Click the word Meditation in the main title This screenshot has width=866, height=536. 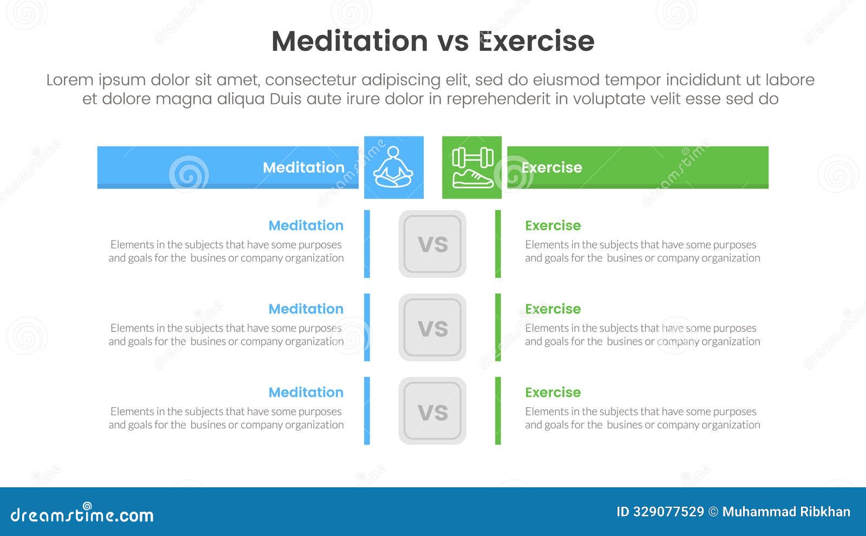[x=350, y=41]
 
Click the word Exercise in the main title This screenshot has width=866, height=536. [x=536, y=41]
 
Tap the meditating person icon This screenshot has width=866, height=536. [x=393, y=167]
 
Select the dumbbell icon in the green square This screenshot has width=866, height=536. [x=473, y=158]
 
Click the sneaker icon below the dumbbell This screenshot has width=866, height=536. [x=473, y=179]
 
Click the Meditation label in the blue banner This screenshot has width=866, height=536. [x=303, y=167]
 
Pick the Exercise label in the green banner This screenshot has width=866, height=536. [x=552, y=167]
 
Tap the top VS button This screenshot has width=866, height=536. [x=432, y=244]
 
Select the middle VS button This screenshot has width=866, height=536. [x=432, y=328]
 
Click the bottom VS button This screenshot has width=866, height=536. [x=432, y=411]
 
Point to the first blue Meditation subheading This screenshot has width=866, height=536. [x=306, y=225]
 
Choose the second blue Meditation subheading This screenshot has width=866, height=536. [x=306, y=309]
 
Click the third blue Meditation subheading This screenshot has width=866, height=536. [x=306, y=392]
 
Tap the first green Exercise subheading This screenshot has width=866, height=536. [x=553, y=225]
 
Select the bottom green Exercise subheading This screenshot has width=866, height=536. [x=553, y=392]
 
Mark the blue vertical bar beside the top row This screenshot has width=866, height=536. [x=367, y=244]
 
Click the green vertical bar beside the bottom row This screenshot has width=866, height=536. [x=498, y=411]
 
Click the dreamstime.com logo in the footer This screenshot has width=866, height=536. [x=82, y=514]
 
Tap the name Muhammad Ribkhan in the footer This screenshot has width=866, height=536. [x=786, y=512]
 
